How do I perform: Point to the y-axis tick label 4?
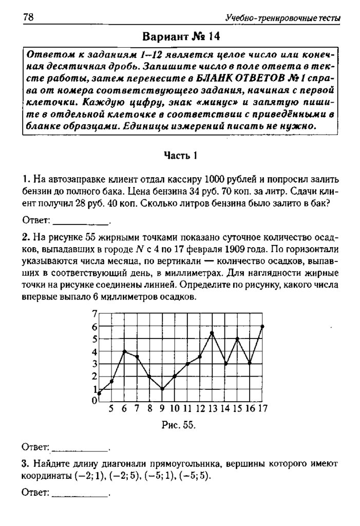(94, 352)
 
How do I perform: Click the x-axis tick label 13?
(213, 409)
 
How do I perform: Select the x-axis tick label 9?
(162, 409)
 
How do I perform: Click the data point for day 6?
(124, 351)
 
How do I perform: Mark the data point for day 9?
(162, 389)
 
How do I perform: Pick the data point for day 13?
(212, 333)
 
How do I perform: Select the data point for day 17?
(262, 326)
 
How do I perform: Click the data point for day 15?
(237, 339)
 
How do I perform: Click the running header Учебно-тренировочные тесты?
(283, 18)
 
